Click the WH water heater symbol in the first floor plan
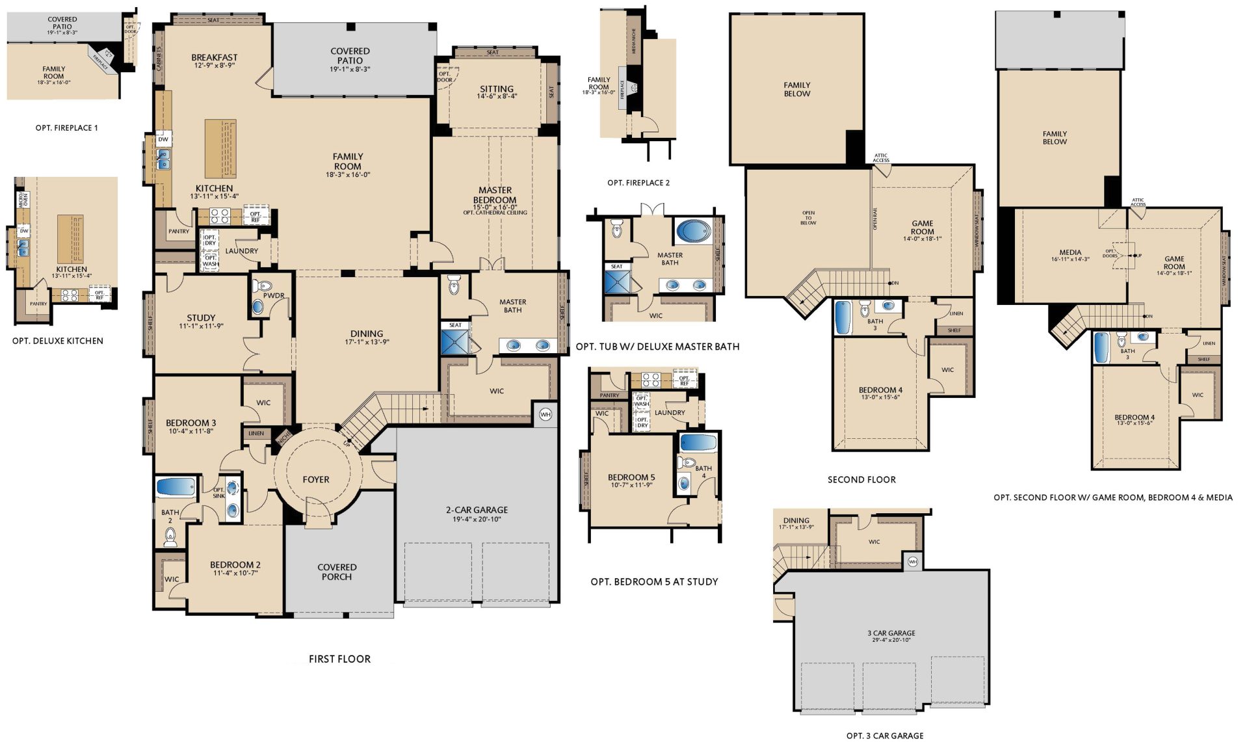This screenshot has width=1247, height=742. [x=545, y=414]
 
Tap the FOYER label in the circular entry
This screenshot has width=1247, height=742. [x=316, y=479]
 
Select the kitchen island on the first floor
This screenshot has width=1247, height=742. [x=220, y=148]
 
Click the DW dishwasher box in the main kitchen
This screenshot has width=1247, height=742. [x=163, y=139]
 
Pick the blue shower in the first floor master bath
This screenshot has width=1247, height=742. [x=454, y=342]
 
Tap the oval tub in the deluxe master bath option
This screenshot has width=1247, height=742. [x=693, y=232]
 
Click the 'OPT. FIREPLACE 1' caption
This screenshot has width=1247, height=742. [x=66, y=128]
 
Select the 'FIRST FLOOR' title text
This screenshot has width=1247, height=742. [x=339, y=659]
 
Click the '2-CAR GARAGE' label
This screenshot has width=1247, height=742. [x=477, y=510]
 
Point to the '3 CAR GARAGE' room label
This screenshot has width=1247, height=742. [x=891, y=633]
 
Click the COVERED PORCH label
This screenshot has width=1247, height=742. [x=337, y=572]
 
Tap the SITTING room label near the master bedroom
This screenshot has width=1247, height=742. [x=497, y=89]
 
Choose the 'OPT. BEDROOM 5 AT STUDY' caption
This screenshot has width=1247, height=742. [x=654, y=581]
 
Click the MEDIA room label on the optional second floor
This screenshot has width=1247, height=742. [x=1070, y=252]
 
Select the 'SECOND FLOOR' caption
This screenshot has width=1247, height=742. [x=861, y=479]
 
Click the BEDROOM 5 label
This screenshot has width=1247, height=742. [x=631, y=477]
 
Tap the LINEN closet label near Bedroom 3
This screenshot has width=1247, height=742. [x=256, y=433]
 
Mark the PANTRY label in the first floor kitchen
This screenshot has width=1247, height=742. [x=179, y=231]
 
